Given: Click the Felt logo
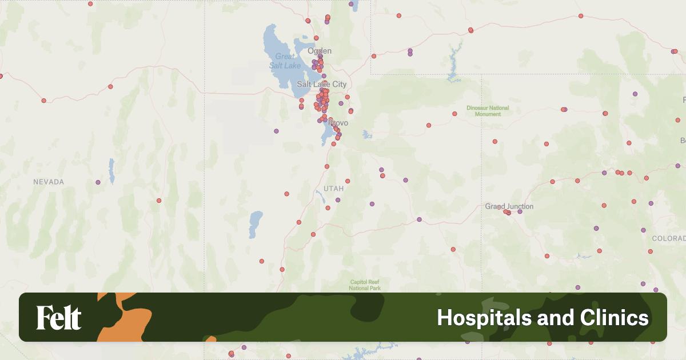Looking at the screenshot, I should pos(59,318).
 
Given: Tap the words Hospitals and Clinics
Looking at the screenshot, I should pos(543,318).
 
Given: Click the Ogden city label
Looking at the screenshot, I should pos(319,51).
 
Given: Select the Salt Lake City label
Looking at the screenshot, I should pos(321,84).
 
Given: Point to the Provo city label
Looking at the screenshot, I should pos(338,123).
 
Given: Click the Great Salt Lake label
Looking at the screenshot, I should pos(285,61).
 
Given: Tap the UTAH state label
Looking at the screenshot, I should pos(333,188).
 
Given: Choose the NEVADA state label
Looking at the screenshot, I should pos(49,182).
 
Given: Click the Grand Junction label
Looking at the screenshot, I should pos(509,206).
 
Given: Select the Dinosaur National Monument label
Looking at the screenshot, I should pos(488,111).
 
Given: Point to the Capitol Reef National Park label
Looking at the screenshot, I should pos(365,285).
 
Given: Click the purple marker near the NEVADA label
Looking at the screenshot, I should pos(98,182).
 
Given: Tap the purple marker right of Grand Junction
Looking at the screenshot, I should pos(520,211).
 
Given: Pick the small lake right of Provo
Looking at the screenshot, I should pos(366,135).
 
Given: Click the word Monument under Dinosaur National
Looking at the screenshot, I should pos(488,114).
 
